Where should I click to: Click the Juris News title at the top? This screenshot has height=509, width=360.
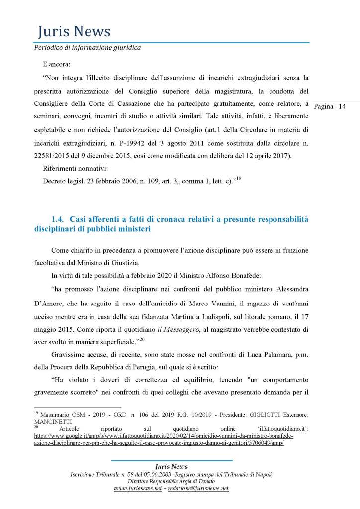[x=74, y=32]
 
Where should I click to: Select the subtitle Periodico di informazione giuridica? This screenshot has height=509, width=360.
[x=87, y=48]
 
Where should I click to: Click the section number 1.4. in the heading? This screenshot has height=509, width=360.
[x=58, y=219]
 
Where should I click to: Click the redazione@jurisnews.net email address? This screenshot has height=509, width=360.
[x=197, y=488]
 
